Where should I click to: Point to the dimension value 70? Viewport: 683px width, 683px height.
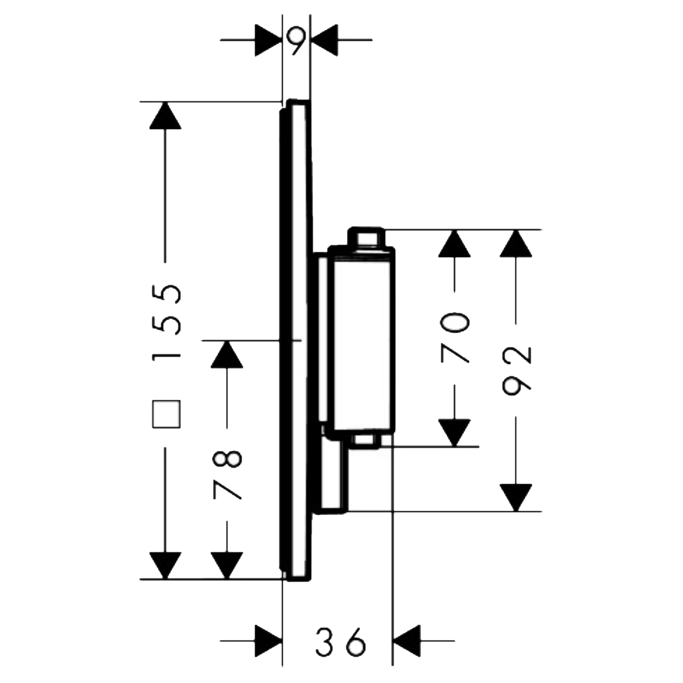(x=455, y=338)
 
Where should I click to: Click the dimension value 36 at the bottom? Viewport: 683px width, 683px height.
(x=340, y=642)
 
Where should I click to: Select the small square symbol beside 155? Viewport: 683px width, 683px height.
(x=166, y=414)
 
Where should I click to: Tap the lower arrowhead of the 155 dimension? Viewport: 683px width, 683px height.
(x=166, y=565)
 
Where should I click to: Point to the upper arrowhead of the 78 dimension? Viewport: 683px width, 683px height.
(x=228, y=354)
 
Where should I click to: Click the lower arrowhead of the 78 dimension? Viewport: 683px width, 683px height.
(x=228, y=565)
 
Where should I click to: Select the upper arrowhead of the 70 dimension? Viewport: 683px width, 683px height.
(x=455, y=244)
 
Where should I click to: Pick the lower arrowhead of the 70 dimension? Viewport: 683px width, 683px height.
(x=455, y=433)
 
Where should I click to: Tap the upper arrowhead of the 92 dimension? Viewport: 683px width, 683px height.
(x=516, y=244)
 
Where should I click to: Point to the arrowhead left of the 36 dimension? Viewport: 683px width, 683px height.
(x=268, y=641)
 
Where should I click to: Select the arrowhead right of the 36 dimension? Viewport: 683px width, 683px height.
(x=407, y=641)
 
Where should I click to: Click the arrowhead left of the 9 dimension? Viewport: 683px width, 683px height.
(x=269, y=40)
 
